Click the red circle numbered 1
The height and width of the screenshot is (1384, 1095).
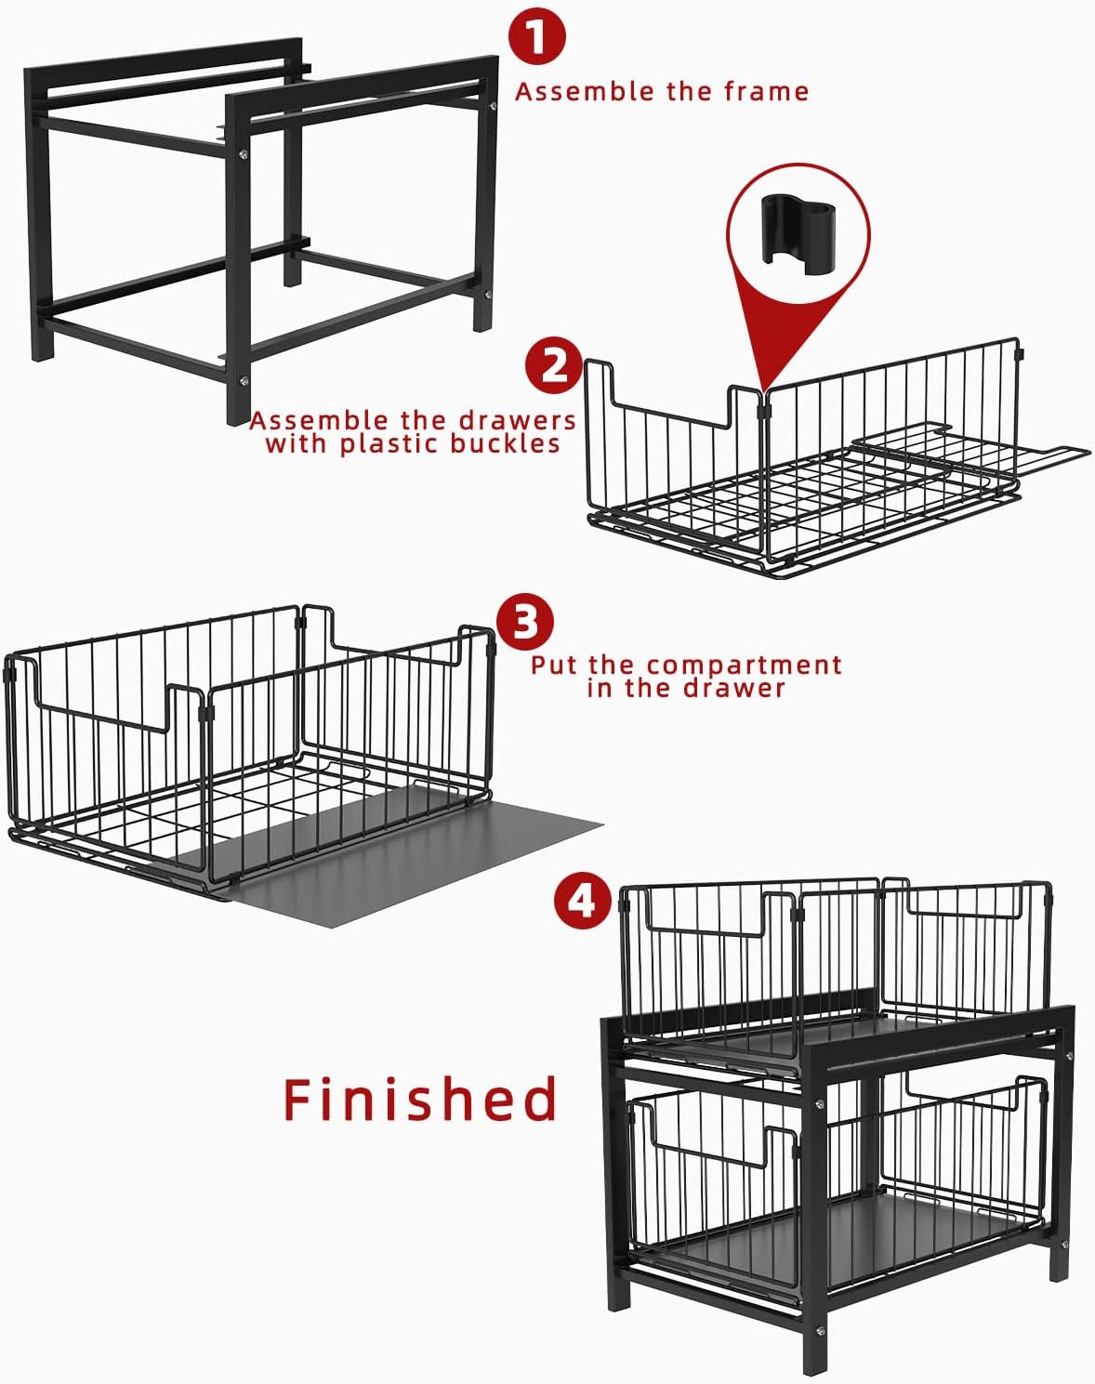point(537,36)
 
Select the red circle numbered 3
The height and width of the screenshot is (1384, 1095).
point(525,622)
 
